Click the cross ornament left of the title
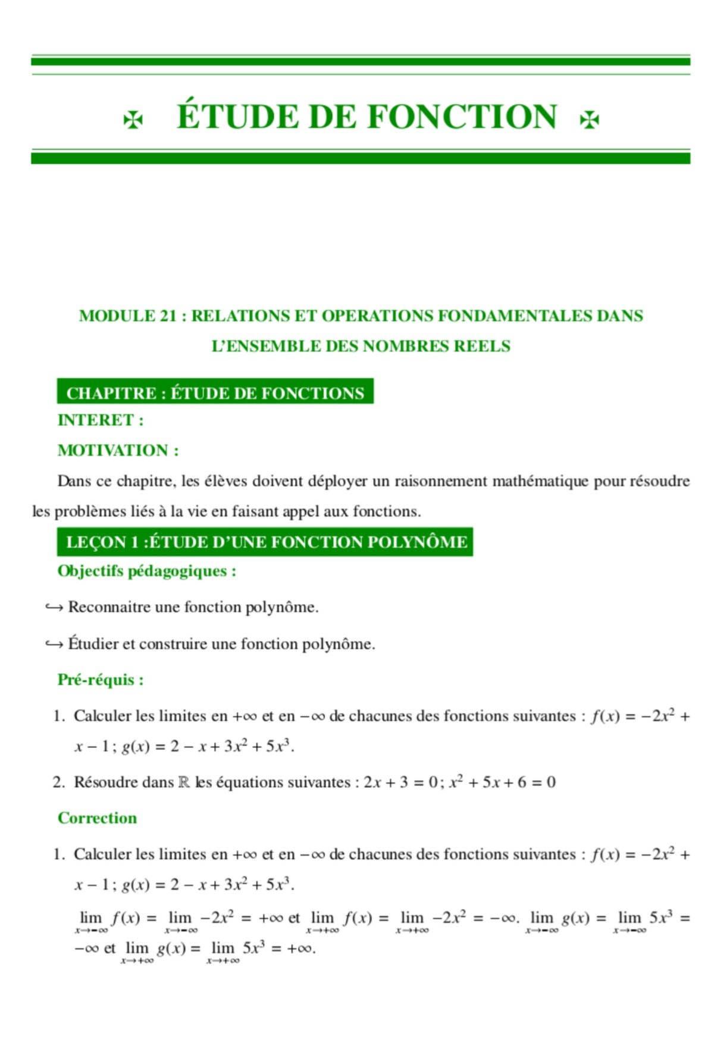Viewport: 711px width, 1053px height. point(132,121)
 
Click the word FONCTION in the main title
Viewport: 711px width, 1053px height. point(462,117)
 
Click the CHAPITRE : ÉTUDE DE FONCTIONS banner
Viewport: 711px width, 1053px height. point(215,393)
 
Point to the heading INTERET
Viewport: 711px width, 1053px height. point(100,420)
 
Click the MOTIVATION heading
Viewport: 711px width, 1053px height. point(118,451)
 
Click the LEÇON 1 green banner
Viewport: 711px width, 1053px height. point(265,542)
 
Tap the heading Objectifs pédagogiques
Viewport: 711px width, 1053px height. point(146,571)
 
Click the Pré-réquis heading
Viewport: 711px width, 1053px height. point(100,680)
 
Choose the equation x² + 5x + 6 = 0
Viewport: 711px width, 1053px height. point(502,782)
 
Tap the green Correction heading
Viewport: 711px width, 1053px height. point(97,818)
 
